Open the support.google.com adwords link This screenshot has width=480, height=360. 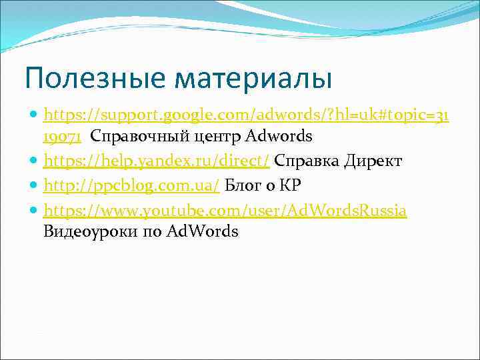(x=245, y=116)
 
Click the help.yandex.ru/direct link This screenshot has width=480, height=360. (x=157, y=161)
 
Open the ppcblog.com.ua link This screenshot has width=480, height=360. (x=131, y=185)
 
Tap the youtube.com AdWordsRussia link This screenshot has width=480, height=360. (x=225, y=210)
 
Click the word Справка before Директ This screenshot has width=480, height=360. (x=306, y=161)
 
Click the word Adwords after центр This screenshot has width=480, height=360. (x=278, y=137)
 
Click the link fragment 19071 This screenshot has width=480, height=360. (x=62, y=137)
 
